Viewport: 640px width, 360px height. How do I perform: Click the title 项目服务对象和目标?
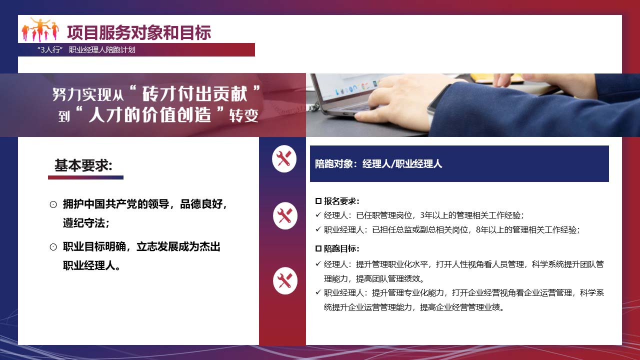click(x=139, y=32)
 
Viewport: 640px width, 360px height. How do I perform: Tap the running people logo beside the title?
click(x=40, y=29)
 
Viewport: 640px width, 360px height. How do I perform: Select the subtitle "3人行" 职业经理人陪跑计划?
click(x=86, y=50)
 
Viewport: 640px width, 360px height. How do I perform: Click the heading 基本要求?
click(x=83, y=165)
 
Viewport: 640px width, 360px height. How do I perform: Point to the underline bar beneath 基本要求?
click(x=85, y=177)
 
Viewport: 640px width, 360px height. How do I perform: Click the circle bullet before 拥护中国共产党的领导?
click(x=53, y=204)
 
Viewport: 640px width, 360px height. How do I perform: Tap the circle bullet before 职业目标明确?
click(x=53, y=247)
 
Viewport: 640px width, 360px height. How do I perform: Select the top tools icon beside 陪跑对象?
click(x=284, y=159)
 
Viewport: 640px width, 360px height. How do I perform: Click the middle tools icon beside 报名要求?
click(x=285, y=215)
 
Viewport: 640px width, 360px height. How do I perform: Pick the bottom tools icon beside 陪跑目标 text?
click(x=285, y=280)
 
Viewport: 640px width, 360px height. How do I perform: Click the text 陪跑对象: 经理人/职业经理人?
click(x=378, y=164)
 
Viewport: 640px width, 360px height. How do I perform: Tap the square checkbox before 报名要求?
click(x=318, y=201)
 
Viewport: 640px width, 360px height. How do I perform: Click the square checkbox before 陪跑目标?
click(x=318, y=248)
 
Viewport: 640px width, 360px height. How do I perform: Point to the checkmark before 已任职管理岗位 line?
click(x=318, y=214)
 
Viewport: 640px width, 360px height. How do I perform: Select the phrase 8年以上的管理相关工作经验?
click(x=526, y=229)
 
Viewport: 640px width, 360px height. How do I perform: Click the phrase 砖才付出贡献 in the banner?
click(x=195, y=93)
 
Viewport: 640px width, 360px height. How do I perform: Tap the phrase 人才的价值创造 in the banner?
click(x=149, y=114)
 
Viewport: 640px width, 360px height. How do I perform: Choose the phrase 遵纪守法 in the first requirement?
click(x=84, y=223)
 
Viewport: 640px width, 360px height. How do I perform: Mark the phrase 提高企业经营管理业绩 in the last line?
click(x=460, y=307)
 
